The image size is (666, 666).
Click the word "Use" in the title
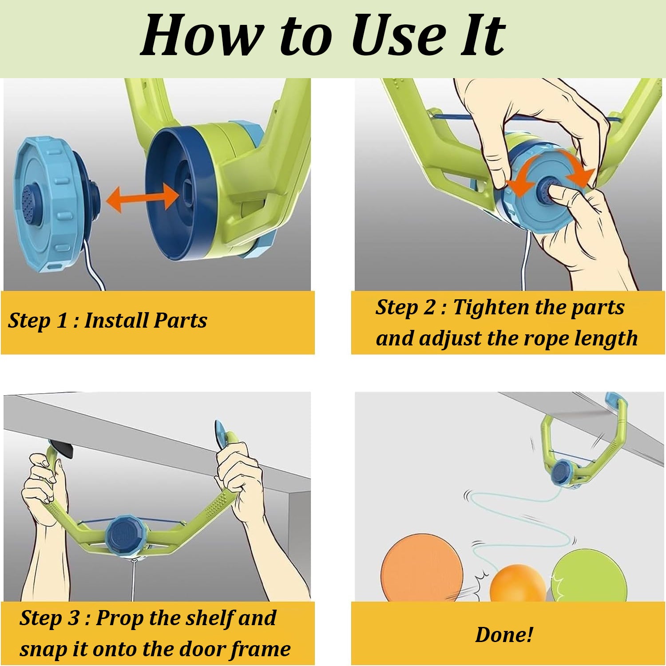click(399, 35)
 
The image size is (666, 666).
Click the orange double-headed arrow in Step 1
click(143, 197)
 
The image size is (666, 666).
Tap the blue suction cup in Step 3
click(222, 433)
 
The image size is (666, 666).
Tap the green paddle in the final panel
click(589, 575)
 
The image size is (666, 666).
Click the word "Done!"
click(504, 634)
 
